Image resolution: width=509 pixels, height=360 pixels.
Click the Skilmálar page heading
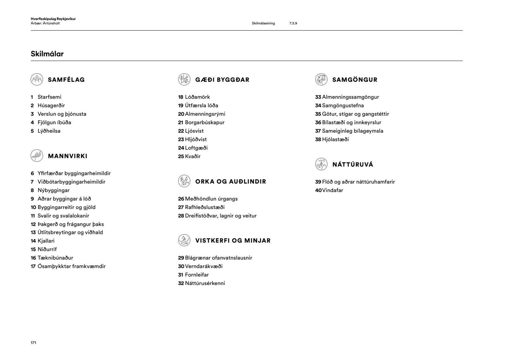(x=47, y=54)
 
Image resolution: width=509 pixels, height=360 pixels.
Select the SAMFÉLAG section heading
(x=66, y=80)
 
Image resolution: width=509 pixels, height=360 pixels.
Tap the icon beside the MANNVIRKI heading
(x=37, y=156)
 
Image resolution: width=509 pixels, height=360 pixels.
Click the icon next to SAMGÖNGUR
(x=321, y=79)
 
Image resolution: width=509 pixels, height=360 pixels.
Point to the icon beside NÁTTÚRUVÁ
(x=321, y=164)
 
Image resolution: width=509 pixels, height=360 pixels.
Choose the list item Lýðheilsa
(x=49, y=131)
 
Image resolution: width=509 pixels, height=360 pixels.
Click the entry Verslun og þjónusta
(x=62, y=114)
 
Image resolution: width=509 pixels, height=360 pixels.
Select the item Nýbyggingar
(x=53, y=190)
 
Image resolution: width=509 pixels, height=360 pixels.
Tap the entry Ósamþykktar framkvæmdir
(x=71, y=266)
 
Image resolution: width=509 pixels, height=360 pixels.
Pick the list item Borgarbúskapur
(x=205, y=122)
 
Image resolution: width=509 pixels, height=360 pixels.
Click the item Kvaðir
(x=193, y=156)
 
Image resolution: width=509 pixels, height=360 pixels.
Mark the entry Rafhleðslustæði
(x=205, y=207)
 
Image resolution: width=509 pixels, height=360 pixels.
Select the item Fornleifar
(x=197, y=275)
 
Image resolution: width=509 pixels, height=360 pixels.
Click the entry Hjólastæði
(x=335, y=139)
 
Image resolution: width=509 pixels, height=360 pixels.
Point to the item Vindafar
(x=333, y=190)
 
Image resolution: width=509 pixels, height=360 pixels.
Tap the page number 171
(x=33, y=343)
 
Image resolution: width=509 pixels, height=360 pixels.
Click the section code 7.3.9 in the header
(x=293, y=23)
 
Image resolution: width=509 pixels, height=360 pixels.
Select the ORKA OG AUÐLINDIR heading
(x=230, y=182)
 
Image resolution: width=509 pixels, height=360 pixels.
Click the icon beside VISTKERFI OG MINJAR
(x=184, y=240)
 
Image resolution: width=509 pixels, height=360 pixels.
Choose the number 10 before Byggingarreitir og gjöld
(x=33, y=207)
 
